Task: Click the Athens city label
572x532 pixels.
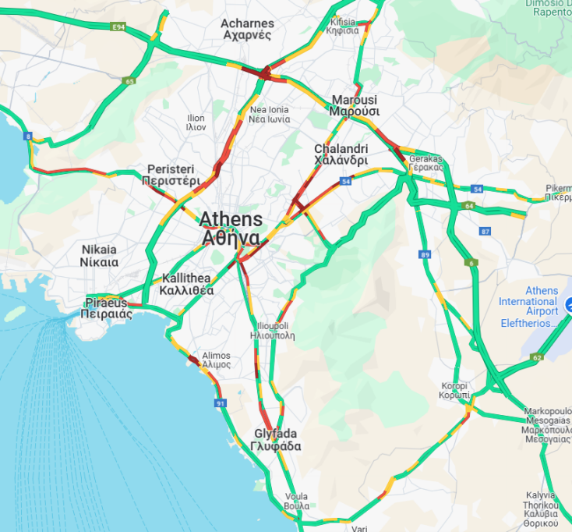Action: pos(231,228)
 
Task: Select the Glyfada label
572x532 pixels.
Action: pos(276,440)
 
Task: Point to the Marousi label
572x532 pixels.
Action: pos(354,105)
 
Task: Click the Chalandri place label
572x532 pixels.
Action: pos(341,154)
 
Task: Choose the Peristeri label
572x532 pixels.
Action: pos(171,175)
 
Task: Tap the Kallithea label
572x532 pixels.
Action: pos(187,284)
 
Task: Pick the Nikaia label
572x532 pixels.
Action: pos(100,256)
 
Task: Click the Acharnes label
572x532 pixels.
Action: pos(246,29)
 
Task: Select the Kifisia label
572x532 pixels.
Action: pos(344,26)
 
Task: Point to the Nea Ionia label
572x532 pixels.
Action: pos(268,115)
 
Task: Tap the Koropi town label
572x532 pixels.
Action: pos(454,391)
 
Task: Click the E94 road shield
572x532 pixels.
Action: pos(118,27)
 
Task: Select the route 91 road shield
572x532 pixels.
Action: pos(221,403)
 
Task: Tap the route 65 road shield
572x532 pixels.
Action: pos(129,80)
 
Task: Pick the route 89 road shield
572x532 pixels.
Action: pos(425,254)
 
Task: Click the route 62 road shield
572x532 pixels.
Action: pos(536,358)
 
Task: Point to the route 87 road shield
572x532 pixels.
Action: pos(485,231)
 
